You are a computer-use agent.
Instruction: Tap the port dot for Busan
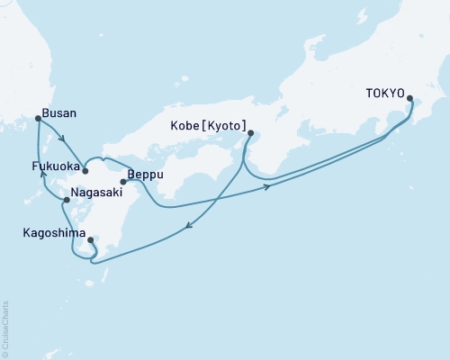[38, 118]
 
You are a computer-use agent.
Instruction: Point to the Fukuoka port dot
[85, 170]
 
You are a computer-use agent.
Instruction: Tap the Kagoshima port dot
[90, 239]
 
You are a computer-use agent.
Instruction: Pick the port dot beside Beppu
[123, 182]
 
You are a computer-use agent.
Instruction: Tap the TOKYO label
[385, 93]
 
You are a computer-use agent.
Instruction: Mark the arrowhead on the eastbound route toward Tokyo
[266, 187]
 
